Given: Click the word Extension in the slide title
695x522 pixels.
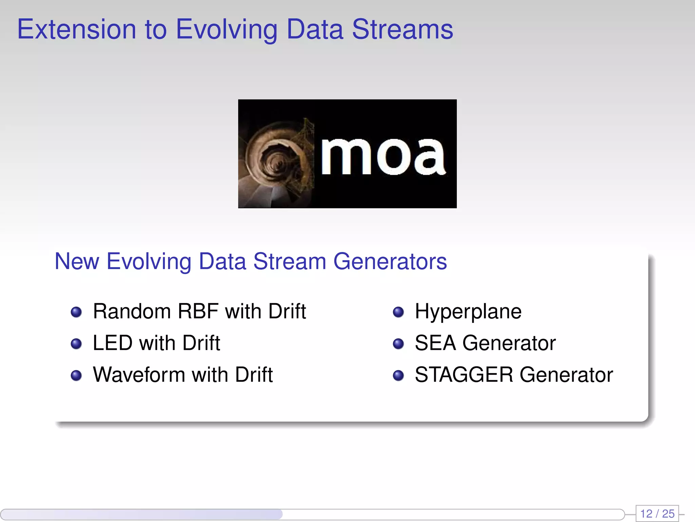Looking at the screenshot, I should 77,29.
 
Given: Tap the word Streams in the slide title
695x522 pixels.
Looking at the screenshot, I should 402,29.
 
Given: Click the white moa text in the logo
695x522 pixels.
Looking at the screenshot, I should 383,157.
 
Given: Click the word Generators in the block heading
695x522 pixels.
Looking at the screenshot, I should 390,261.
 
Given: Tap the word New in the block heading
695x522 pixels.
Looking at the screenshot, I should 77,261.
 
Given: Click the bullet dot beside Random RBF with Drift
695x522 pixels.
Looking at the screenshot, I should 76,312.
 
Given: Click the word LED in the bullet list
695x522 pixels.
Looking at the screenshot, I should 112,343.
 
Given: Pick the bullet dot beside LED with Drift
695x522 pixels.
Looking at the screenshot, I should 76,344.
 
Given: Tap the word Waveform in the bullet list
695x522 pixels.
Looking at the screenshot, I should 139,375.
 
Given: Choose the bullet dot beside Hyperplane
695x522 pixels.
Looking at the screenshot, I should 398,312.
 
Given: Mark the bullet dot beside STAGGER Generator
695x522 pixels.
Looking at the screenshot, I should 398,376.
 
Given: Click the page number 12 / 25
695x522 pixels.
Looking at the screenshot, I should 657,514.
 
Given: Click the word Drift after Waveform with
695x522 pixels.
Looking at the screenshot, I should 254,375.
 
